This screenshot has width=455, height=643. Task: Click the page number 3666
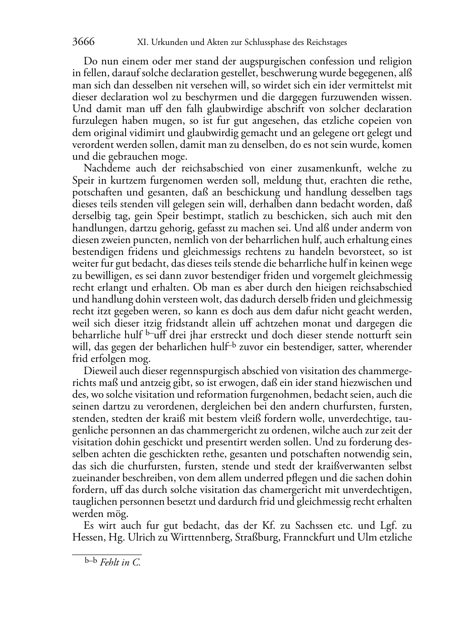[83, 42]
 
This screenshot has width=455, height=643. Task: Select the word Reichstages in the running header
[326, 43]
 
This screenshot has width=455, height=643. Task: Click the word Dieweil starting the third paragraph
[100, 371]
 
